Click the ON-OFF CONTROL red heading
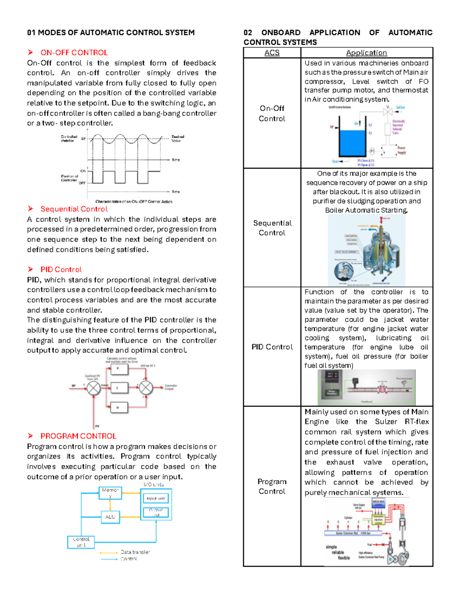click(74, 52)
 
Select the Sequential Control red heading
click(74, 209)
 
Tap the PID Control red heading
click(61, 269)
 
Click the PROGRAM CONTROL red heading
click(78, 436)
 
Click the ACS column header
click(272, 52)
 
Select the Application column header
click(366, 52)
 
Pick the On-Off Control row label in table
click(272, 113)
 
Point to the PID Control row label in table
click(272, 347)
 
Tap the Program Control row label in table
click(272, 486)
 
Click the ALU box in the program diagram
click(110, 517)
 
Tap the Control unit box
click(81, 542)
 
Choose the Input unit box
click(156, 498)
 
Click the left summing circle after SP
click(93, 388)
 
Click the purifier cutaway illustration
click(366, 251)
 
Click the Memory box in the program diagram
click(110, 493)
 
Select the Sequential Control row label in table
click(272, 228)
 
